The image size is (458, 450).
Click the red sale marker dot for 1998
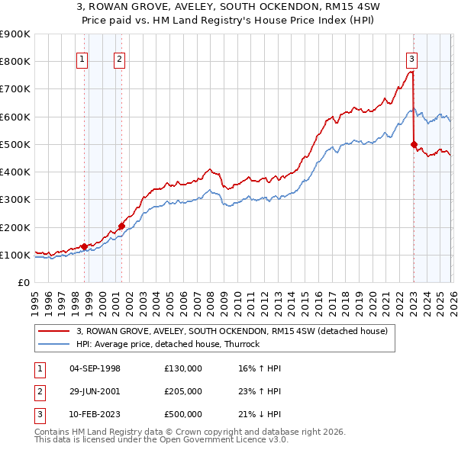click(x=84, y=246)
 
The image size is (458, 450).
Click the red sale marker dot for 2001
click(x=121, y=226)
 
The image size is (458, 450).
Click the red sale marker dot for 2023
click(x=413, y=144)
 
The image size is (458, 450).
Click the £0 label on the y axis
click(x=23, y=282)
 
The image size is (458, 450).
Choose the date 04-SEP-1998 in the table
click(x=95, y=368)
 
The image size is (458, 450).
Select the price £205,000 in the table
click(x=182, y=391)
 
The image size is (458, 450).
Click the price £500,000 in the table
click(x=182, y=414)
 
